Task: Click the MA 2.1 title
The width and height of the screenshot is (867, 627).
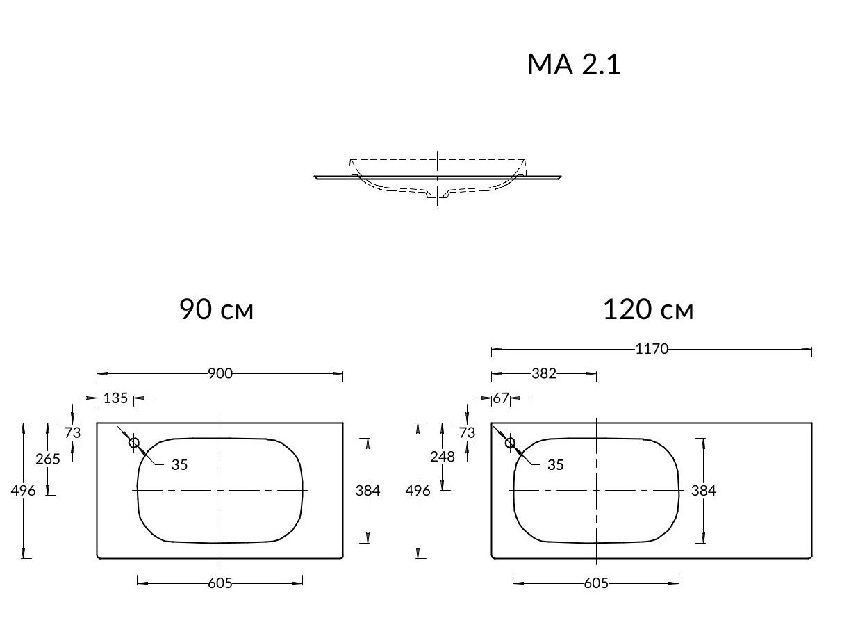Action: pos(574,64)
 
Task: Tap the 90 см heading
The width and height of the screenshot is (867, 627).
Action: pos(216,309)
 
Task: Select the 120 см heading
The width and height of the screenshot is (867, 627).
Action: pos(648,309)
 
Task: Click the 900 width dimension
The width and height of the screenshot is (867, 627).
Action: pos(220,373)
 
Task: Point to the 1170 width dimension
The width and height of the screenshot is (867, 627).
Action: pos(652,349)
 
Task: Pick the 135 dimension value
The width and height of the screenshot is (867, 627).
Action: pos(115,398)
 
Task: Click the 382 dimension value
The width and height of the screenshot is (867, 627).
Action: pos(544,373)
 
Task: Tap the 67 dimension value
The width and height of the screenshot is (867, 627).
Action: pos(500,398)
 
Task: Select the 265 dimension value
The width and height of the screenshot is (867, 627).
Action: pos(48,459)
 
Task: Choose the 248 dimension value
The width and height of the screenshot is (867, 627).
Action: pos(443,457)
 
